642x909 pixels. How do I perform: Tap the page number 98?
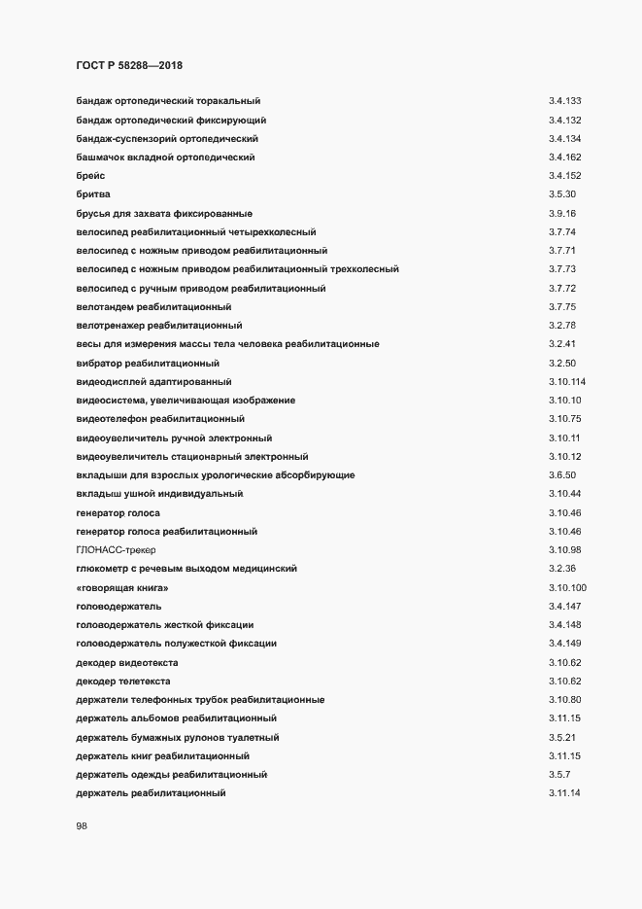(83, 827)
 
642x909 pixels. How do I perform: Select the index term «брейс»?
(91, 176)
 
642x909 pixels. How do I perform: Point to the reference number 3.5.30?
(562, 194)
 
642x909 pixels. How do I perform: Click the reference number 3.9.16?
(562, 213)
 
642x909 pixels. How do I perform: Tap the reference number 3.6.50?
(562, 474)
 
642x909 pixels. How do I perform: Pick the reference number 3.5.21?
(562, 735)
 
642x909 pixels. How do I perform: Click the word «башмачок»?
(103, 157)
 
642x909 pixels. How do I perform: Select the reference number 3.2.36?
(562, 568)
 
